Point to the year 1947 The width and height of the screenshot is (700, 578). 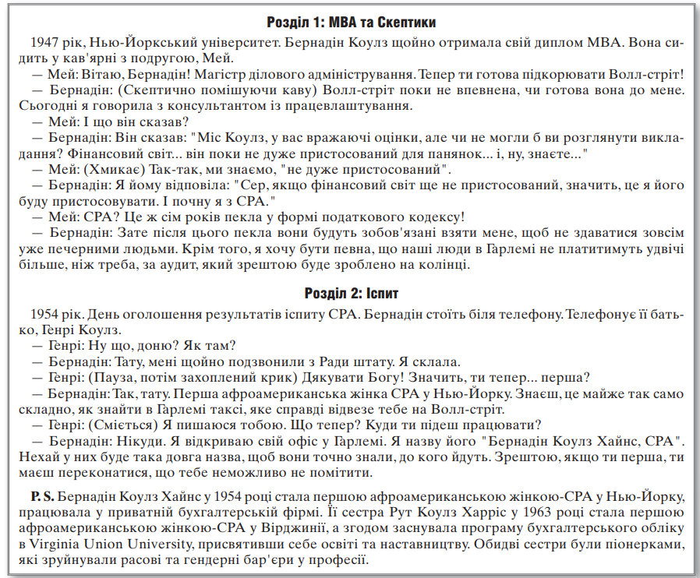pyautogui.click(x=48, y=41)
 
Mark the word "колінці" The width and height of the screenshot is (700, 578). pyautogui.click(x=447, y=266)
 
